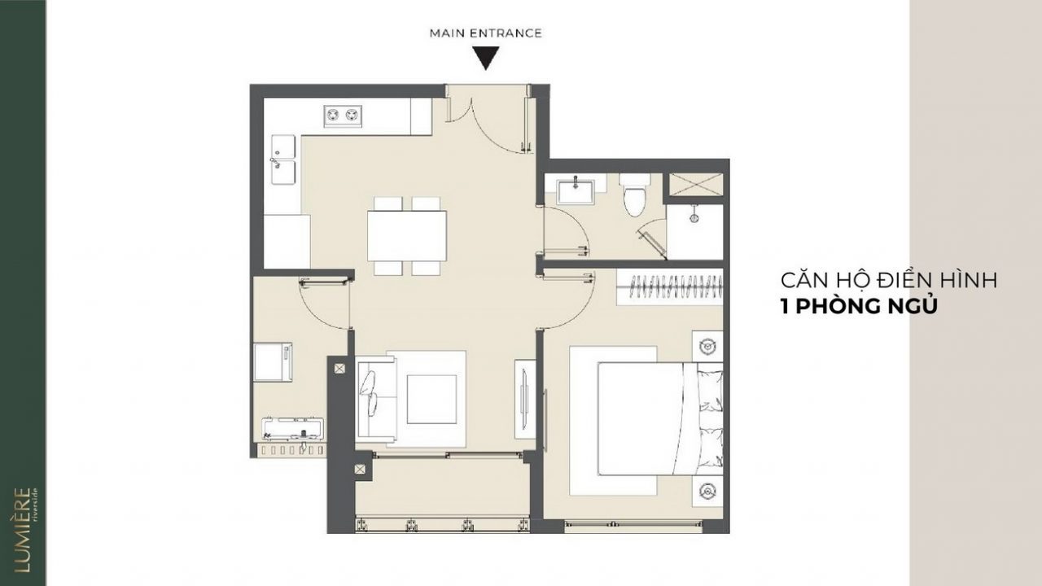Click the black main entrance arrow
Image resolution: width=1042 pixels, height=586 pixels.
click(486, 57)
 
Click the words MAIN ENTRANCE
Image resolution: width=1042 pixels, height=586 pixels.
click(486, 33)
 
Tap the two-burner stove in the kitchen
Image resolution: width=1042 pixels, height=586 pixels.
click(343, 116)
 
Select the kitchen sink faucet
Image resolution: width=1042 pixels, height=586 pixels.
click(274, 163)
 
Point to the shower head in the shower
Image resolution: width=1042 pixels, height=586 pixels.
click(694, 214)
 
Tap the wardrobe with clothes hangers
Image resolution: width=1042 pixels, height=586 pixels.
click(670, 287)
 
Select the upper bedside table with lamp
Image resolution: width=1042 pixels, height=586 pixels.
click(707, 346)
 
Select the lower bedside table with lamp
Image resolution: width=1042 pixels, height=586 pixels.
click(707, 491)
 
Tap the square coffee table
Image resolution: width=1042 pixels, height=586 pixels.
click(431, 399)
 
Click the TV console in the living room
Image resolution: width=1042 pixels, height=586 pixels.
click(525, 399)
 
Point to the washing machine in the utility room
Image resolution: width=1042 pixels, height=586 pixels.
click(273, 362)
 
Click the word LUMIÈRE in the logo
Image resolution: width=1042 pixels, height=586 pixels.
click(22, 530)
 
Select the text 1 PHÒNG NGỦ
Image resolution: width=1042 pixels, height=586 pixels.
click(859, 307)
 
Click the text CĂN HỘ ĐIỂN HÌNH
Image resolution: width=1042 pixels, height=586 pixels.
click(888, 281)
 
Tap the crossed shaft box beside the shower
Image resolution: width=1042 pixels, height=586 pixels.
click(696, 185)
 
